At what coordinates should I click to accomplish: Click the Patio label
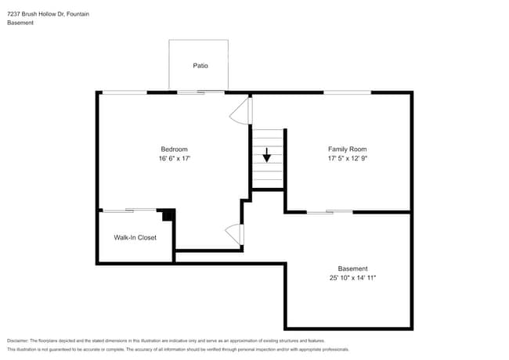coord(200,66)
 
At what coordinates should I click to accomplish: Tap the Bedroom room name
coord(174,149)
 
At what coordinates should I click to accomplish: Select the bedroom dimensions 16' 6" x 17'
coord(174,158)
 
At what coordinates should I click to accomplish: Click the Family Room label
coord(347,149)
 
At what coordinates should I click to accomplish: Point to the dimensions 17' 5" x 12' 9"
coord(347,158)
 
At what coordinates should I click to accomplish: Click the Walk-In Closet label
coord(135,237)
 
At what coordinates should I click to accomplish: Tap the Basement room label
coord(352,268)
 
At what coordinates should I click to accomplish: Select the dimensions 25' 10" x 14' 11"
coord(352,278)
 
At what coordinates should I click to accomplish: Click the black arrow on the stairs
coord(266,154)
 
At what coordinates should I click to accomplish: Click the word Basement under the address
coord(20,23)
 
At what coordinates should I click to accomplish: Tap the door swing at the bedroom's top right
coord(240,112)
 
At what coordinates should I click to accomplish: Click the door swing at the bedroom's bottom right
coord(236,233)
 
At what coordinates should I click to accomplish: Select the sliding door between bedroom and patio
coord(200,92)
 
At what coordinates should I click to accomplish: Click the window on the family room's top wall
coord(347,92)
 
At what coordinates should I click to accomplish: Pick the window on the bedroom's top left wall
coord(124,92)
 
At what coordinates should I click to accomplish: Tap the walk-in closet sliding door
coord(129,210)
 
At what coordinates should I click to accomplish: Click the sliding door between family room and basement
coord(329,211)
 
